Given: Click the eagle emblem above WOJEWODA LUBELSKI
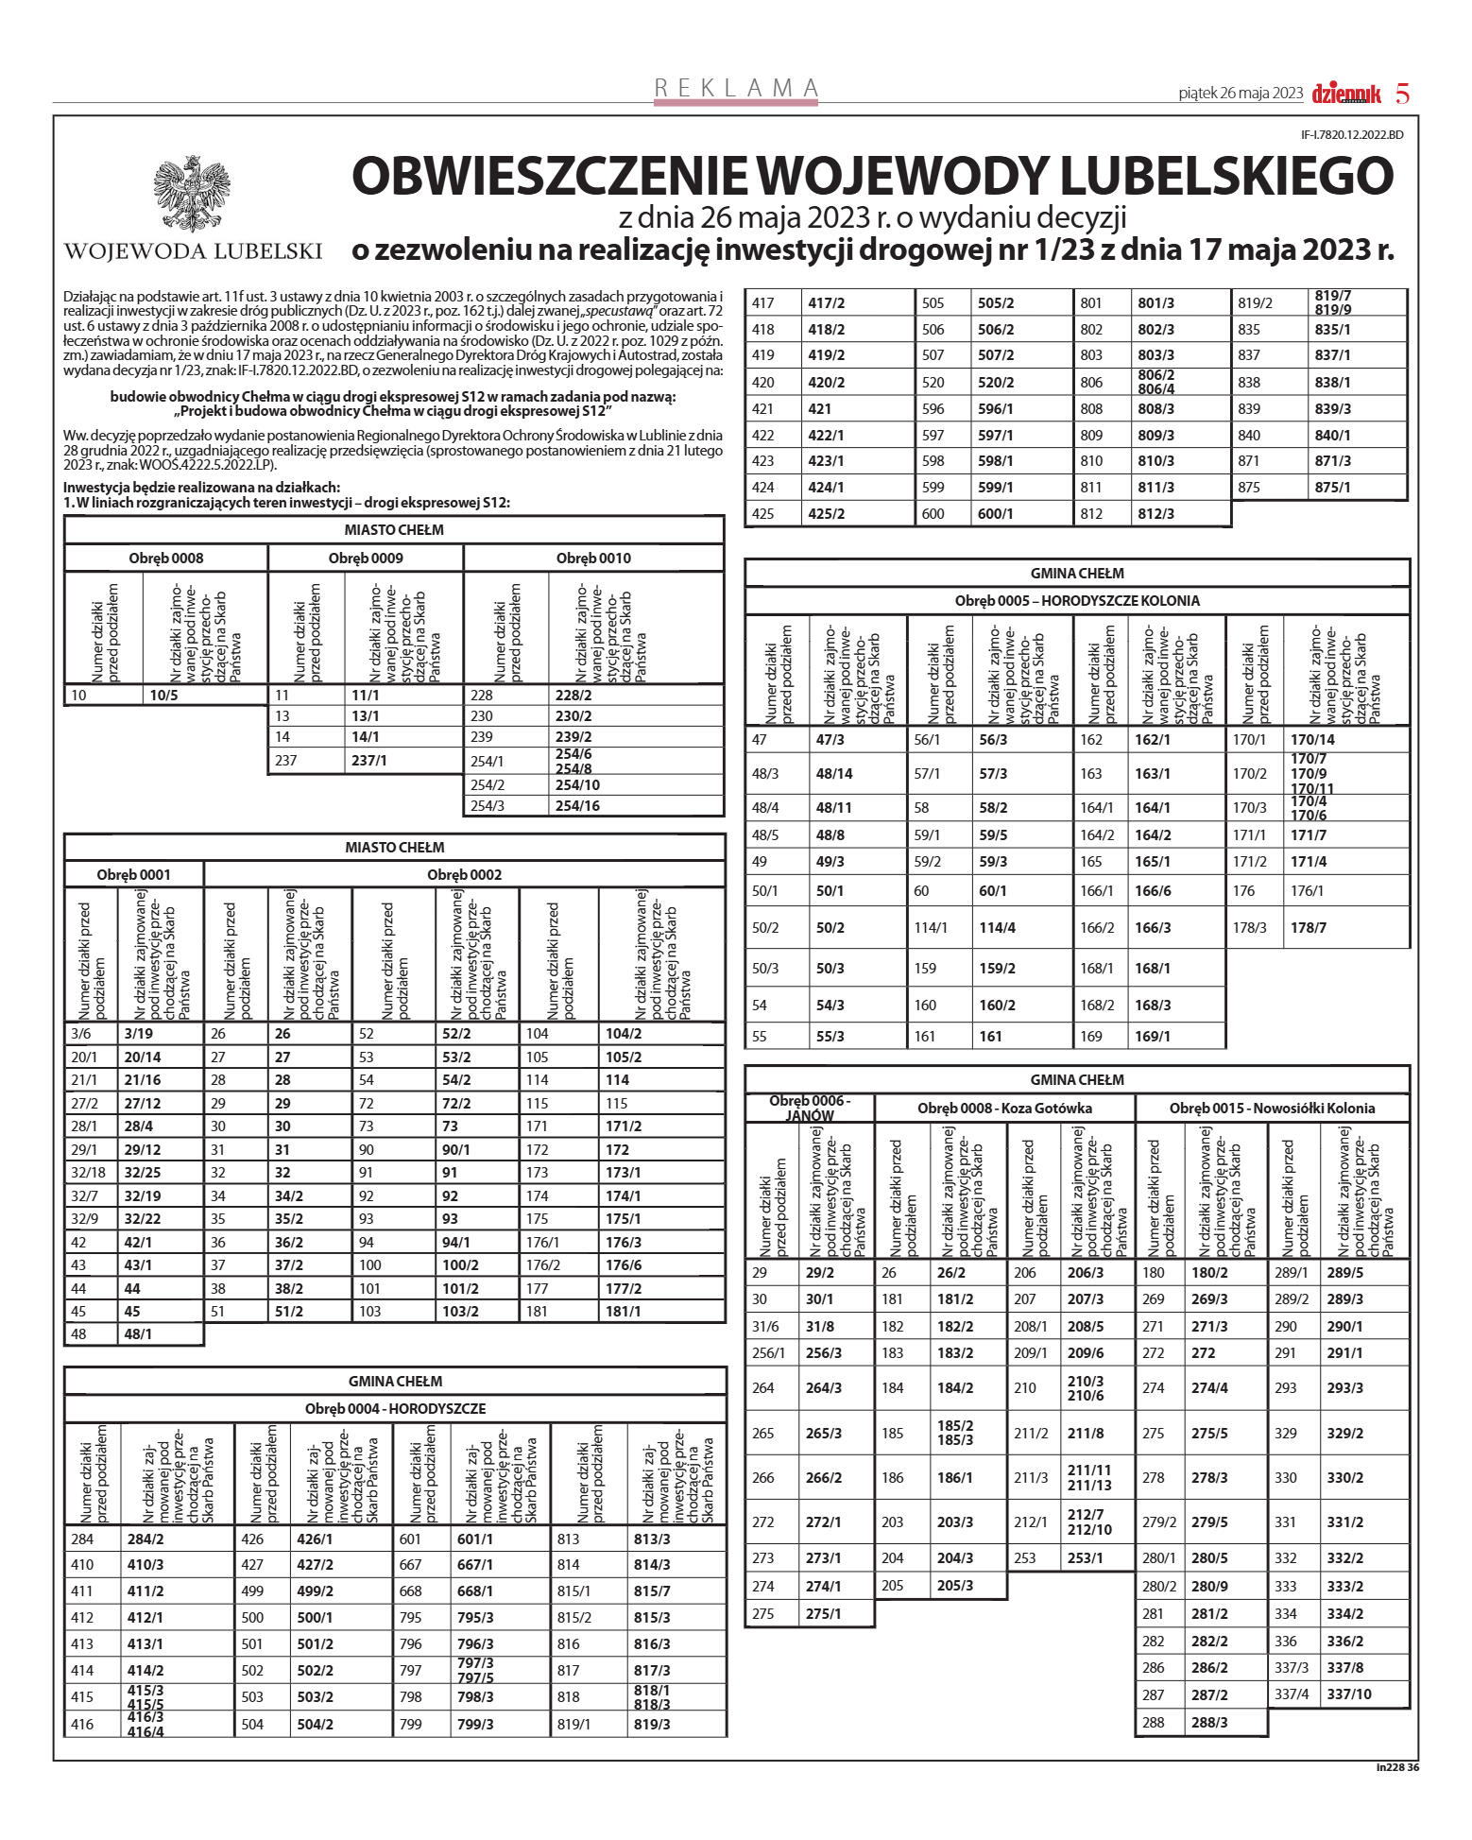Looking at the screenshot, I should point(192,194).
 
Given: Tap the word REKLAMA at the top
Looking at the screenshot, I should point(737,88).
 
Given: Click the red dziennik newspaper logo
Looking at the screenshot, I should point(1346,94).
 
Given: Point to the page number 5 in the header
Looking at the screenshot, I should point(1403,94).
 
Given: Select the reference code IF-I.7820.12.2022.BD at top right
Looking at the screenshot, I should point(1352,135).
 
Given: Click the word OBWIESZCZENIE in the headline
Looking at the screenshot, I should point(549,176).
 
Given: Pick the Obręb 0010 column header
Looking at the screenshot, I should point(593,559).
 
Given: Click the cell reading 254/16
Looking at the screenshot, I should point(577,806).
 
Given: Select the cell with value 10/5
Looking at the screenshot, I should point(163,696).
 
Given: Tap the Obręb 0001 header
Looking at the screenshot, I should point(133,875).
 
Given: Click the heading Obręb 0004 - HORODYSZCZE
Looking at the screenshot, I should point(395,1409).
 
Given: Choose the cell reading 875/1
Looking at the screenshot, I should point(1332,488).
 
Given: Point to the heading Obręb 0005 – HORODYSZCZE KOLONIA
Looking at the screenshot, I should point(1077,601).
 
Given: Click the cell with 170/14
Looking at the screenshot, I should point(1312,740).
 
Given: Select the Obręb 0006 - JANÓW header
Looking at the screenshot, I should point(810,1108).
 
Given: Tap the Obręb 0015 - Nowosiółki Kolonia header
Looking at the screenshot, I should point(1272,1109).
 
